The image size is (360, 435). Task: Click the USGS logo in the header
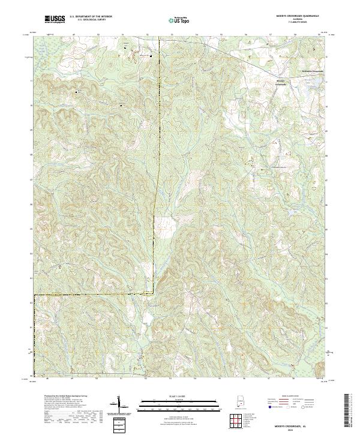[55, 19]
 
